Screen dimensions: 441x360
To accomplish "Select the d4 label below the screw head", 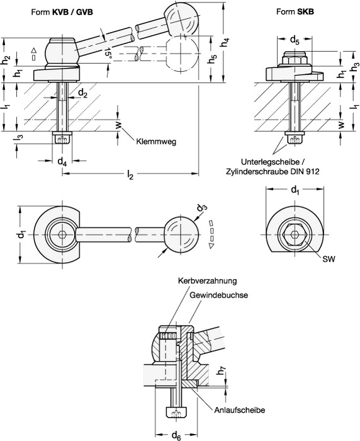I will (x=62, y=163).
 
